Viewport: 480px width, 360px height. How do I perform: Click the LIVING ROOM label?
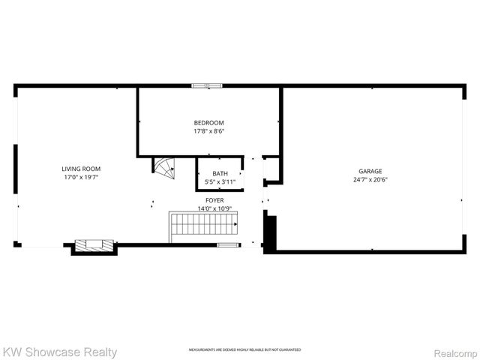pyautogui.click(x=80, y=169)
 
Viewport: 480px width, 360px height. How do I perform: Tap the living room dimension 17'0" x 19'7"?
pyautogui.click(x=80, y=178)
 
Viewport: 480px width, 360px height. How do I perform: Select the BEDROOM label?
pyautogui.click(x=208, y=122)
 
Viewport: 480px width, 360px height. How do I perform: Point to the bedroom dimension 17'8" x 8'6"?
pyautogui.click(x=208, y=131)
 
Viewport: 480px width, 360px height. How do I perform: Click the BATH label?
pyautogui.click(x=220, y=173)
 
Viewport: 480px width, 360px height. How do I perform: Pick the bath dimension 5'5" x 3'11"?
pyautogui.click(x=220, y=182)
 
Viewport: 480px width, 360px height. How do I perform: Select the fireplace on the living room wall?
pyautogui.click(x=94, y=246)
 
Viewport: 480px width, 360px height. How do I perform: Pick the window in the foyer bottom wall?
pyautogui.click(x=227, y=244)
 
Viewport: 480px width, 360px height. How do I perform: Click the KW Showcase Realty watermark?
pyautogui.click(x=60, y=351)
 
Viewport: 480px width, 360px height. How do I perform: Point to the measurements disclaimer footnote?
pyautogui.click(x=244, y=350)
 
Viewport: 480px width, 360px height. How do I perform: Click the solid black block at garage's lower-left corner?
pyautogui.click(x=271, y=232)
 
